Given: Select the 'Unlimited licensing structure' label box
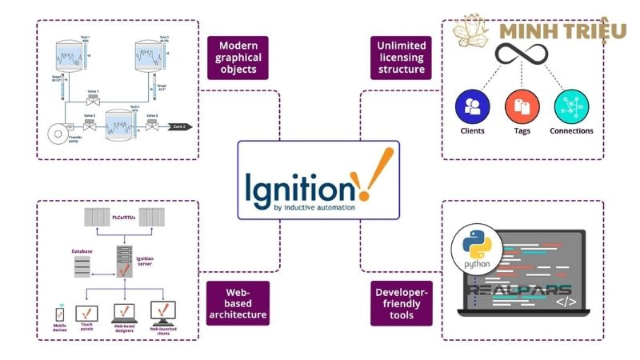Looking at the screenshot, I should point(402,57).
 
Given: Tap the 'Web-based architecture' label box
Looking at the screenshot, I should point(238,303).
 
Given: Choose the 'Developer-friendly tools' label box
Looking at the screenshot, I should point(402,303).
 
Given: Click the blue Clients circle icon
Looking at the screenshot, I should point(472,106).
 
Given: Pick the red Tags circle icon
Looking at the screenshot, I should point(522,106).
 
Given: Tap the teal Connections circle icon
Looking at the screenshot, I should point(571,106).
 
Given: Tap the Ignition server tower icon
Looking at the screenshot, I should point(123,265).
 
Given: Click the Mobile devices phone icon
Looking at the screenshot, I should point(58,314).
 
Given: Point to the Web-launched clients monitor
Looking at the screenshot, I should point(163,311).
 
